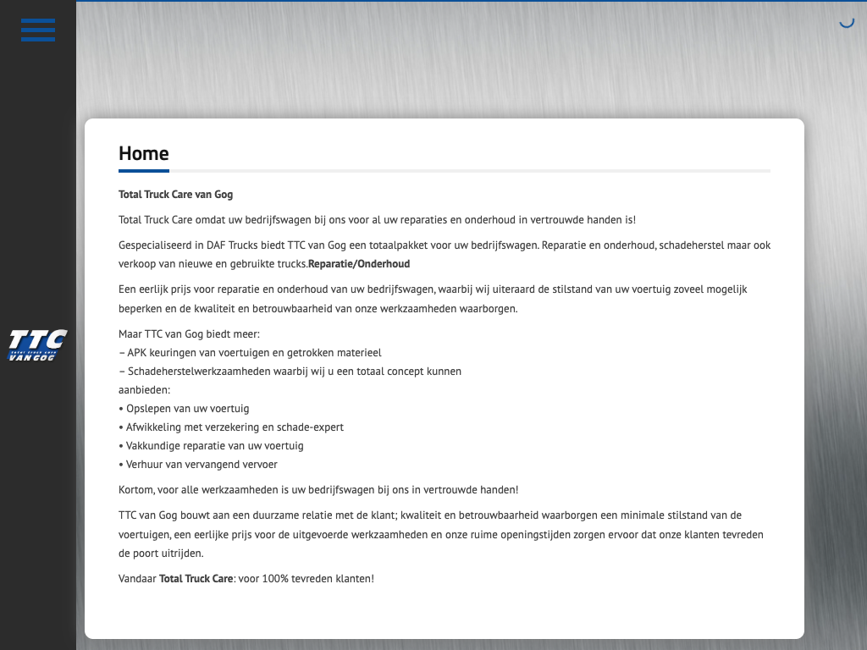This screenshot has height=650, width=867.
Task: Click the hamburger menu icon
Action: (x=38, y=30)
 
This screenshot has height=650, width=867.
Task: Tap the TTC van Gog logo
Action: (x=37, y=345)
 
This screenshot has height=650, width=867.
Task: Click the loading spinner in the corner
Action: (x=846, y=21)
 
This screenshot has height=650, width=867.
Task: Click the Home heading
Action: (x=144, y=153)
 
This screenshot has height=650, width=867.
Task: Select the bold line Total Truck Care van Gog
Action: (x=175, y=195)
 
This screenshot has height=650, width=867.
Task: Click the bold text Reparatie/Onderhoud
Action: (x=359, y=264)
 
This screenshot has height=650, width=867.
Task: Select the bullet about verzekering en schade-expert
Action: (x=231, y=427)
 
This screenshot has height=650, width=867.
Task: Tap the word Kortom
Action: (x=135, y=489)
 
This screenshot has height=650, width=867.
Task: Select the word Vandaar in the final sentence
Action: (x=137, y=579)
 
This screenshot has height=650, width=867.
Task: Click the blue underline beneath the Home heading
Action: (x=144, y=171)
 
